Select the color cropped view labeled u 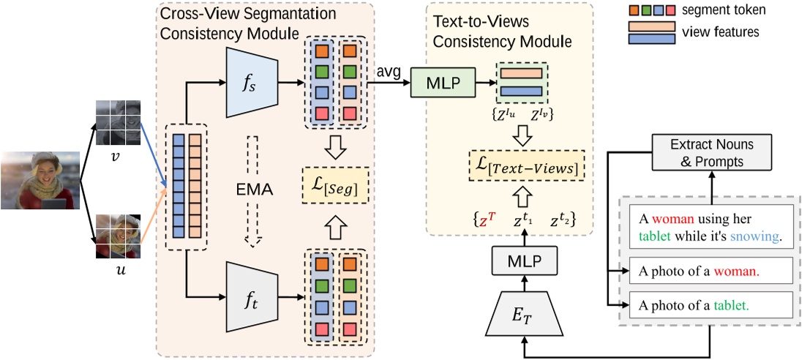tap(119, 236)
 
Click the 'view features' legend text tap(719, 32)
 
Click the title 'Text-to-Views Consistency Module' tap(502, 31)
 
